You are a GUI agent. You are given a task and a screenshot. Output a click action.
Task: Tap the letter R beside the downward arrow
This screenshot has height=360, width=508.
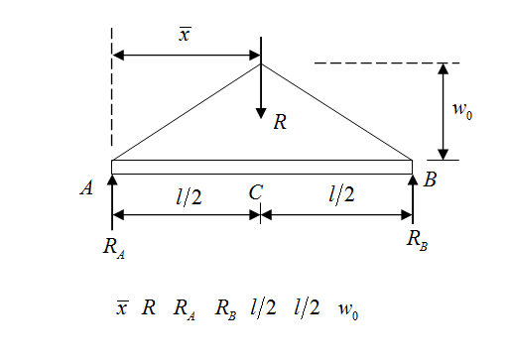[x=281, y=122]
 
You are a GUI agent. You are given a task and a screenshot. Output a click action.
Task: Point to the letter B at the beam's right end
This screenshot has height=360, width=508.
[x=430, y=180]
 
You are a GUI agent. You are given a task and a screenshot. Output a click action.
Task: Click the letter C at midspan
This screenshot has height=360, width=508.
[x=255, y=193]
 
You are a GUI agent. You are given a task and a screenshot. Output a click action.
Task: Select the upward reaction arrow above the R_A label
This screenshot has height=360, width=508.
[x=112, y=203]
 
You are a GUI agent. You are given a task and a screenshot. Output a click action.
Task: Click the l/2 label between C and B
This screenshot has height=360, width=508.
[x=340, y=195]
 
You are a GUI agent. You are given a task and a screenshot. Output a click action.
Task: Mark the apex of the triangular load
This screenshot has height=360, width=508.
[x=261, y=64]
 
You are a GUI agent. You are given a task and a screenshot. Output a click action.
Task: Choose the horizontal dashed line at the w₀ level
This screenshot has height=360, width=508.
[x=372, y=63]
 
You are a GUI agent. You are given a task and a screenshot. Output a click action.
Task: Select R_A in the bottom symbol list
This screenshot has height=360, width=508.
[x=184, y=308]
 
